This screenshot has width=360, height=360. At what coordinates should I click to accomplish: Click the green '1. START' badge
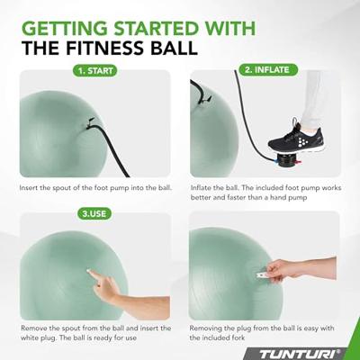tap(95, 71)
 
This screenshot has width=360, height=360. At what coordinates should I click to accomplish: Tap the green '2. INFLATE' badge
tap(268, 70)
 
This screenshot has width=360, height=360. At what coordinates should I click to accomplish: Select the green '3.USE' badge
tap(94, 213)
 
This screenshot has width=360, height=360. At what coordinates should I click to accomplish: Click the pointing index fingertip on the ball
tap(89, 272)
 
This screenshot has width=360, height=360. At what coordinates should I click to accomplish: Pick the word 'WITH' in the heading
tap(229, 29)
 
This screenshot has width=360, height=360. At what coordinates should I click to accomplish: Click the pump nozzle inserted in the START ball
tap(90, 123)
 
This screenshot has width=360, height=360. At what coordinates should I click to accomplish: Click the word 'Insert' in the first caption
tap(29, 188)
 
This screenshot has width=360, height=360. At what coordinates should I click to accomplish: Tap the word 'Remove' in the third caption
tap(32, 328)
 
